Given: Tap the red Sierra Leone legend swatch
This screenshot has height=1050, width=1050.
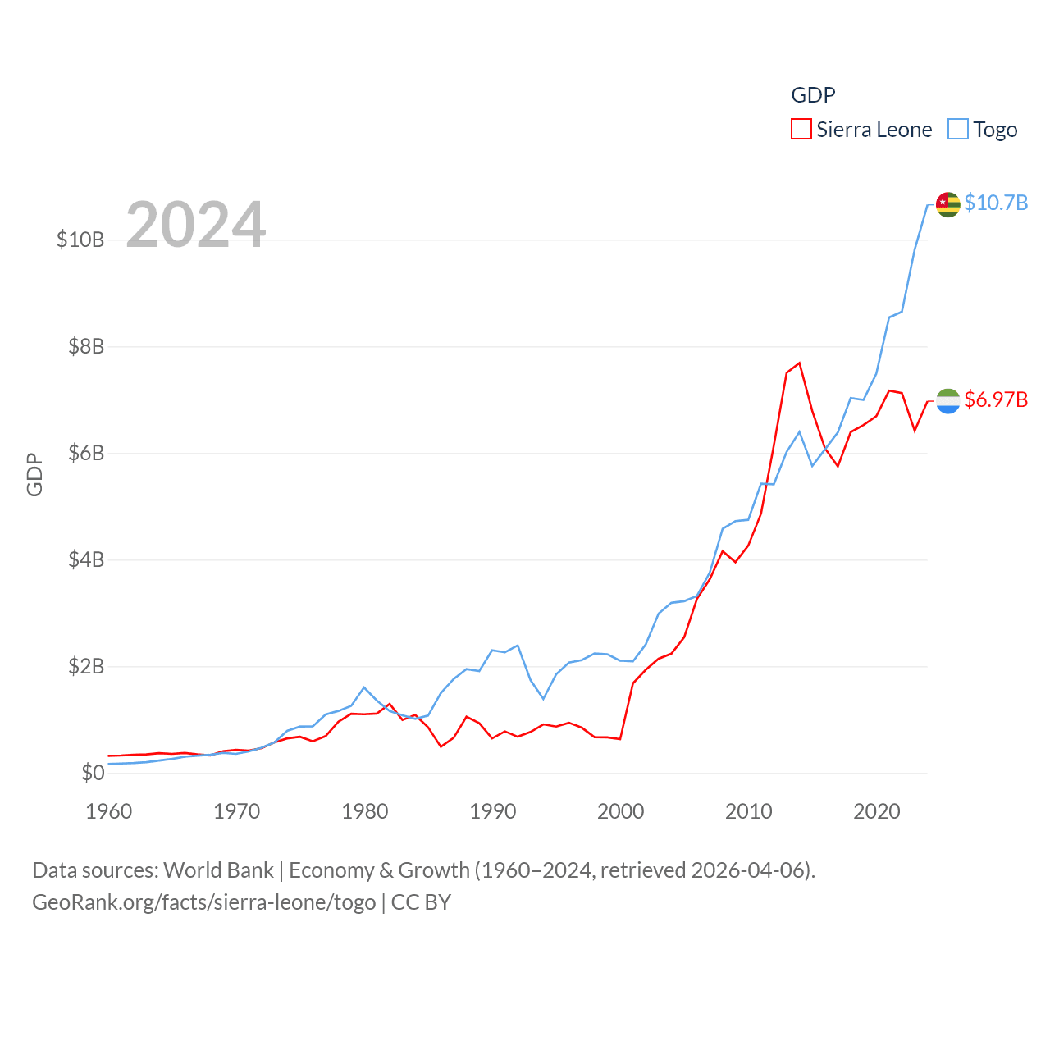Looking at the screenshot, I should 801,130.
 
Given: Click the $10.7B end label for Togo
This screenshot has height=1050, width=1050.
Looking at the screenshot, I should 996,203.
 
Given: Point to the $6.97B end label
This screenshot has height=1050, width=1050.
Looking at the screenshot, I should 996,399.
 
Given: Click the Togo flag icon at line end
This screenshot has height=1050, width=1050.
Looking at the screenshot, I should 947,204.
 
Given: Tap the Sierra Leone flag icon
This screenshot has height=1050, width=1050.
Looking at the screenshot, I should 947,401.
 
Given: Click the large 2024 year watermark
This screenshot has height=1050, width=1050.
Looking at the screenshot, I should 196,224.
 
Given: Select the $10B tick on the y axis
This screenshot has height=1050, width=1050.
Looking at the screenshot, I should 80,240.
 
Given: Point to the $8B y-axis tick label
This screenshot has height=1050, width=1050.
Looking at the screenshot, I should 86,346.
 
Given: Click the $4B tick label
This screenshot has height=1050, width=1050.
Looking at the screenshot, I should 86,559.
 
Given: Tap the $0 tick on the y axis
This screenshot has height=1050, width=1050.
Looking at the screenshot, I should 93,773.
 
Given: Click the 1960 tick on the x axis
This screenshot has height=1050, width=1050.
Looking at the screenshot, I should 109,811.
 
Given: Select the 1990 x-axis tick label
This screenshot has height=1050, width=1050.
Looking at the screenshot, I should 493,811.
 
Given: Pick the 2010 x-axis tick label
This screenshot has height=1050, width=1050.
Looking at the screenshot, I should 749,811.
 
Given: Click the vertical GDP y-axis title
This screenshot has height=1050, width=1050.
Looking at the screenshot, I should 34,474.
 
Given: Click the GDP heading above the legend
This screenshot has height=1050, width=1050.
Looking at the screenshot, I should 813,95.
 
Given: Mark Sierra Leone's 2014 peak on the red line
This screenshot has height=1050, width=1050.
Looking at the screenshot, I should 799,363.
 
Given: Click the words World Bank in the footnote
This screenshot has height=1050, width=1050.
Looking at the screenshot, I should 218,870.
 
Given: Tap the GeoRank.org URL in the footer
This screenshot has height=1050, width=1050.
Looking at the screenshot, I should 203,902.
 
